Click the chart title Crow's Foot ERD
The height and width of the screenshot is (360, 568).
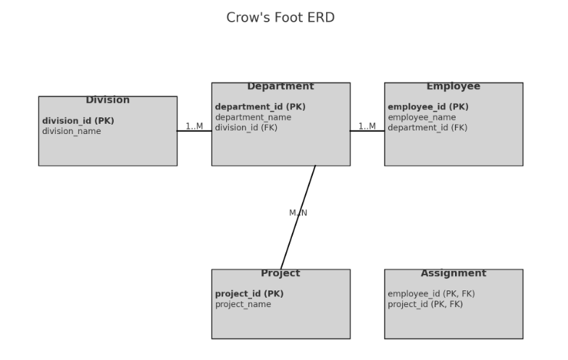tap(280, 17)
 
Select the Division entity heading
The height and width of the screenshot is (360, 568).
tap(107, 100)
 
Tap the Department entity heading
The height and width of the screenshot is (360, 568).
tap(280, 86)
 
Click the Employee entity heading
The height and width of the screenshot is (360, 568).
tap(453, 86)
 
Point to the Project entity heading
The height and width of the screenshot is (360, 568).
tap(280, 273)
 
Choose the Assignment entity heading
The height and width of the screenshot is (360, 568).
tap(453, 273)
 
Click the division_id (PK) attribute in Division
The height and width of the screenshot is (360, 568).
tap(78, 121)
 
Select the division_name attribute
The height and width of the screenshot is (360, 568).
tap(72, 131)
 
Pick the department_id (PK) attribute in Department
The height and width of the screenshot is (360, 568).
tap(260, 106)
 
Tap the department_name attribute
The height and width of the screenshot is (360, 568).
tap(253, 117)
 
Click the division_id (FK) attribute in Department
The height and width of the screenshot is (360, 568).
tap(246, 127)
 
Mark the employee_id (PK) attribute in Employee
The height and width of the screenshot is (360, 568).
tap(428, 106)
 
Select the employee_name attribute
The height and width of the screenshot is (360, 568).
tap(422, 117)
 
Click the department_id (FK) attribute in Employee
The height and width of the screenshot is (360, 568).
tap(427, 127)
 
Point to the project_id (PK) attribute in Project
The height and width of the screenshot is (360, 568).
tap(249, 294)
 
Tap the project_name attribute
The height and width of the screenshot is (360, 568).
tap(243, 304)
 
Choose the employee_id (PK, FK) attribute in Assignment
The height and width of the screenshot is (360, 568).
tap(431, 294)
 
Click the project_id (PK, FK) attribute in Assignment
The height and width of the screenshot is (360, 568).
tap(425, 304)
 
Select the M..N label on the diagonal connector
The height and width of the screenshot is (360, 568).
tap(298, 213)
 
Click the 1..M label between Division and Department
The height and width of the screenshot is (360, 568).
tap(194, 126)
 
